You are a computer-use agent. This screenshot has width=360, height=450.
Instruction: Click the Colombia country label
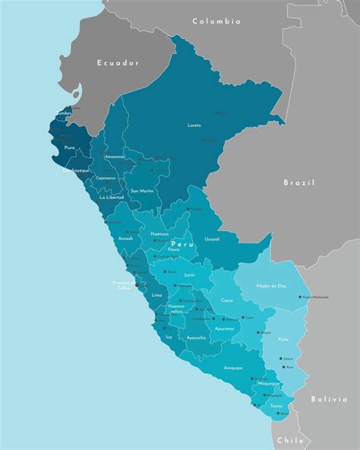point(216,22)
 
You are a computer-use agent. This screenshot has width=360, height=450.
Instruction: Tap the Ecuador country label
point(118,63)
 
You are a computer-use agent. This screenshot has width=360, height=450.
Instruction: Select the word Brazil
point(298,182)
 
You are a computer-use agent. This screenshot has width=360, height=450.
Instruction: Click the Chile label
point(290,440)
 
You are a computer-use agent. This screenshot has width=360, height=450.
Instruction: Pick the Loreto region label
point(194,125)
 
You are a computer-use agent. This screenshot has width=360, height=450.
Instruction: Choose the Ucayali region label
point(212,239)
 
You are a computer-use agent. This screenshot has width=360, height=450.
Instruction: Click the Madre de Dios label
point(272,286)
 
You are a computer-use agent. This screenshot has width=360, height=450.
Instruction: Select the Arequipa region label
point(233,367)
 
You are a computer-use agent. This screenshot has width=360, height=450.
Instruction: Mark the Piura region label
point(70,148)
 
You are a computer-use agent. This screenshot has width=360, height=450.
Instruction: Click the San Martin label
point(142,191)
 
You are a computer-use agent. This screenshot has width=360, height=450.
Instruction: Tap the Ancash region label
point(125,238)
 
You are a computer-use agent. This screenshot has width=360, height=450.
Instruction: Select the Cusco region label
point(227,300)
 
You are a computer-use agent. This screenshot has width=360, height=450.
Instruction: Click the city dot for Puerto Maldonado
point(302,296)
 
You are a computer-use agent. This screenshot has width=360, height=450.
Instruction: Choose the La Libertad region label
point(111,197)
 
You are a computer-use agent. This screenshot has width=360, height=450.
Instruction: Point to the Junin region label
point(189,274)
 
